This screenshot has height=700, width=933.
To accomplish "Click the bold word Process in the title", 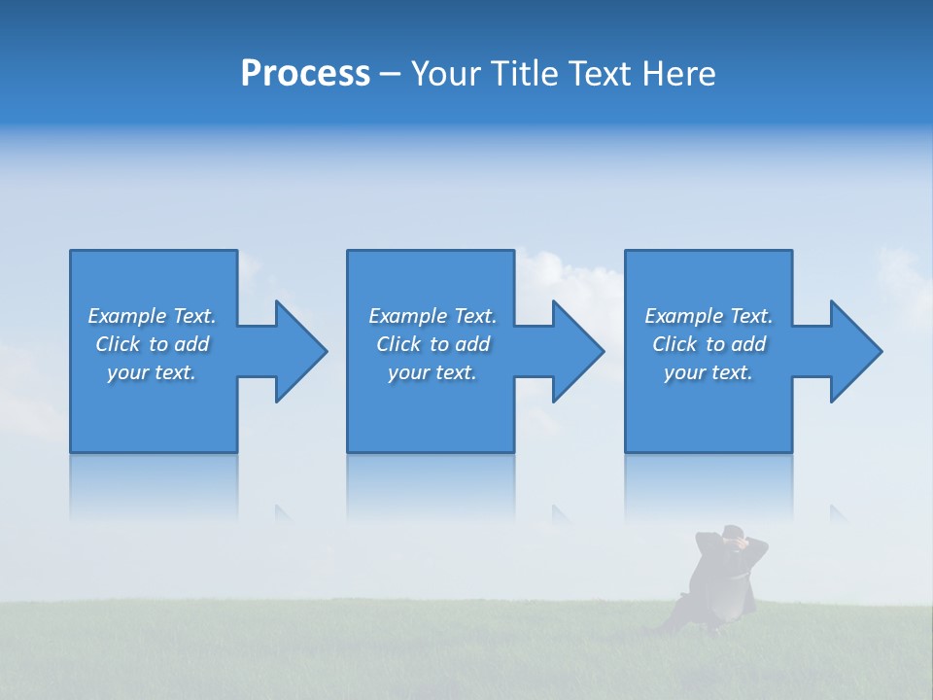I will point(305,74).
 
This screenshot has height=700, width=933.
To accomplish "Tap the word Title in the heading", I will point(519,74).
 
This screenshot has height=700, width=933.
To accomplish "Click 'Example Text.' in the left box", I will point(152,316).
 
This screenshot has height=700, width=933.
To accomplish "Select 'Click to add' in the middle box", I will point(432,344).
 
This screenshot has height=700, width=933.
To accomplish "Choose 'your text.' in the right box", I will point(708,372).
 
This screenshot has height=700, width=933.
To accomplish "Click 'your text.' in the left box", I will point(152,372).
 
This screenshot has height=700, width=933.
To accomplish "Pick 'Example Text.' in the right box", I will point(708,316).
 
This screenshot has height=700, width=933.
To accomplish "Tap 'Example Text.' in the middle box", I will point(432,316).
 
